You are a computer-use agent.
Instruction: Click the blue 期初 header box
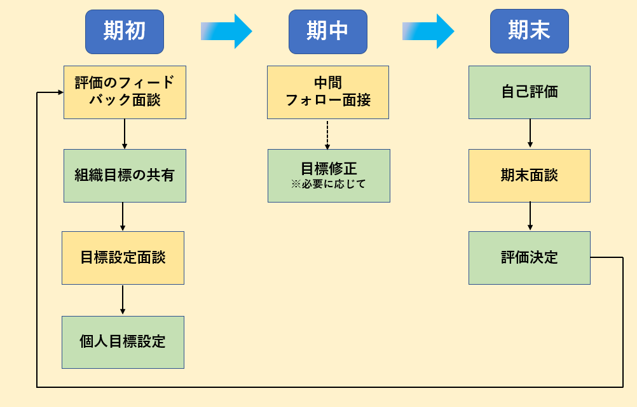point(125,32)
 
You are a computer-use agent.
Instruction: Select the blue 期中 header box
point(328,32)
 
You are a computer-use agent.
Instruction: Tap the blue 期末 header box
point(530,31)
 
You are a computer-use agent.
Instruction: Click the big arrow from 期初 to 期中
point(226,31)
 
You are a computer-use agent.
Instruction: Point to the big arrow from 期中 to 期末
point(428,31)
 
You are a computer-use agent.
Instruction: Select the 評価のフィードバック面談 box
point(125,92)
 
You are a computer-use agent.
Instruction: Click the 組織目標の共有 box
point(125,176)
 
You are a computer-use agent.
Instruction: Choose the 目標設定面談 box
point(123,258)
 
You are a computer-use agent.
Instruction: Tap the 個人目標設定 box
point(123,342)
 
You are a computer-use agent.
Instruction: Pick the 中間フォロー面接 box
point(328,92)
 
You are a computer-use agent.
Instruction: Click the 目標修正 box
point(329,176)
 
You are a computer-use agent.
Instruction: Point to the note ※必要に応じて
point(328,184)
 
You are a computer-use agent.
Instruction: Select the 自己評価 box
point(530,92)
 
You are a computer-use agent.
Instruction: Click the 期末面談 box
point(530,176)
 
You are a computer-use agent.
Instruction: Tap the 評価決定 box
point(530,258)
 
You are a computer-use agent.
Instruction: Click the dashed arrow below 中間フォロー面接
point(327,134)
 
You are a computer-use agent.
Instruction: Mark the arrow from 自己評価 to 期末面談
point(530,133)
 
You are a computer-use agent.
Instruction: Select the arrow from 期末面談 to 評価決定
point(530,216)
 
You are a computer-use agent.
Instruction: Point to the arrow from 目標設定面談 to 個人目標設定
point(123,300)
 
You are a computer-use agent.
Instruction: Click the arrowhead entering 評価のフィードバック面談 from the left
point(61,92)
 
